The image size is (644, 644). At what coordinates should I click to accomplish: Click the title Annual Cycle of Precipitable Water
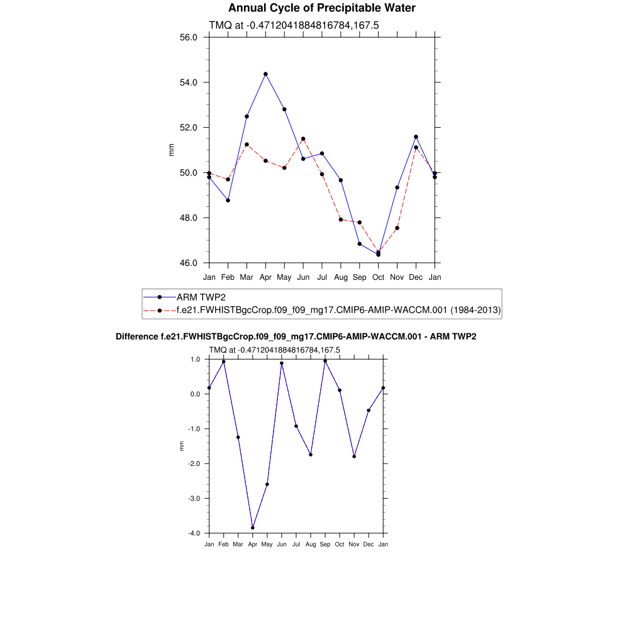[x=321, y=8]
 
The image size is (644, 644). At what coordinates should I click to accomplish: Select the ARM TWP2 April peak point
[x=265, y=74]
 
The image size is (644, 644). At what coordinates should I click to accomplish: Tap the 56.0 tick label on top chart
[x=189, y=37]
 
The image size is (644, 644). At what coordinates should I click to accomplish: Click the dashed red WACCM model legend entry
[x=338, y=310]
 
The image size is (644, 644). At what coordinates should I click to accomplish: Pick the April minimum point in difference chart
[x=253, y=528]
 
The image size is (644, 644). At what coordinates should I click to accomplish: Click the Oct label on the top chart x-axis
[x=378, y=277]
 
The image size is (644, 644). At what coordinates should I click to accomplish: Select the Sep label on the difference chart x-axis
[x=325, y=544]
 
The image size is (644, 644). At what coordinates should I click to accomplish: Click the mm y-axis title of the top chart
[x=171, y=150]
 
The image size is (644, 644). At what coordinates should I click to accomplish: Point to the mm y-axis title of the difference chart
[x=182, y=446]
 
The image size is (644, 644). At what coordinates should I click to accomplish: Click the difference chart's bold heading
[x=296, y=337]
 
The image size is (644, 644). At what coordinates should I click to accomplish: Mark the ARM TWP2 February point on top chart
[x=228, y=200]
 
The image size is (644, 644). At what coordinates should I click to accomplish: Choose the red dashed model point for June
[x=303, y=139]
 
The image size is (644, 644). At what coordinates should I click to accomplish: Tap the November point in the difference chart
[x=354, y=457]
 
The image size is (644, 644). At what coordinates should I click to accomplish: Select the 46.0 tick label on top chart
[x=189, y=263]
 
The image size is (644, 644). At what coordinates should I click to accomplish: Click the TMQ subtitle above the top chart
[x=293, y=25]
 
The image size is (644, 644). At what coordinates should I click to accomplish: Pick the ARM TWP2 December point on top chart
[x=416, y=136]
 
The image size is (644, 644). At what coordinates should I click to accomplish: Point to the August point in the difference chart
[x=311, y=455]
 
